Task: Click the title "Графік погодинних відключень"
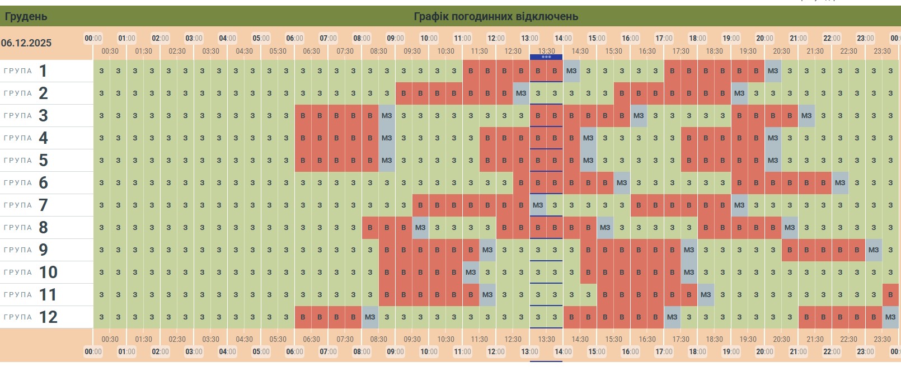coord(495,16)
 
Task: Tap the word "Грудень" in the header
coord(26,16)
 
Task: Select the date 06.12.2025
coord(26,43)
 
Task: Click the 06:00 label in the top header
coord(294,38)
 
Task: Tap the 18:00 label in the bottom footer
coord(697,352)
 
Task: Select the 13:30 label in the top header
coord(546,51)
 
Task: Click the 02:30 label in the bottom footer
coord(177,339)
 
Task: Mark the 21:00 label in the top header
coord(798,38)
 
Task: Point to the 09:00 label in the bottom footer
coord(395,352)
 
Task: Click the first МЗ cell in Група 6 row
coord(622,183)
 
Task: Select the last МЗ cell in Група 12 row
coord(890,317)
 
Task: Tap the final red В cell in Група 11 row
coord(890,295)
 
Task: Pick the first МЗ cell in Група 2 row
coord(521,93)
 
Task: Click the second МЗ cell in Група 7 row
coord(739,205)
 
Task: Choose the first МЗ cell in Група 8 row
coord(420,228)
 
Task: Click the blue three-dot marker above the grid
coord(546,57)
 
